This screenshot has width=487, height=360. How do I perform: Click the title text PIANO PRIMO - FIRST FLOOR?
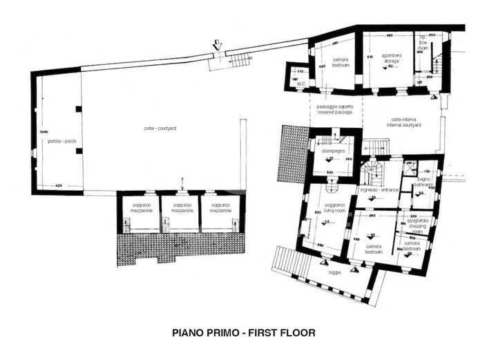[x=243, y=333]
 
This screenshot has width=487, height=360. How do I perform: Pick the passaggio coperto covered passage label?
[x=334, y=110]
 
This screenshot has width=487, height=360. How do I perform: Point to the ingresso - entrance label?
[x=379, y=189]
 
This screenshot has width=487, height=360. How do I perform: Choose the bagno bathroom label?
[x=425, y=182]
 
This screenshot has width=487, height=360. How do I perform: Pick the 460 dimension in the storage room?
[x=390, y=35]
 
